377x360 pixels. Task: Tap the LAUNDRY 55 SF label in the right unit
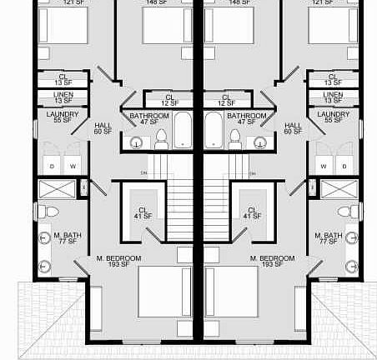(334, 117)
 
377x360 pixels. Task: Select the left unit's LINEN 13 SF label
(63, 98)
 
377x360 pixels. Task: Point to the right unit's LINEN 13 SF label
(334, 98)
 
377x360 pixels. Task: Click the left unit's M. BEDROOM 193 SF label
(119, 262)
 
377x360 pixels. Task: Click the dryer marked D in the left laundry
(52, 167)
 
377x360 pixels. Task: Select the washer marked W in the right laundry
(324, 167)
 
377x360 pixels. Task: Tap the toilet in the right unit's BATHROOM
(234, 140)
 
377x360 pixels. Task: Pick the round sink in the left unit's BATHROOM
(136, 143)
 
